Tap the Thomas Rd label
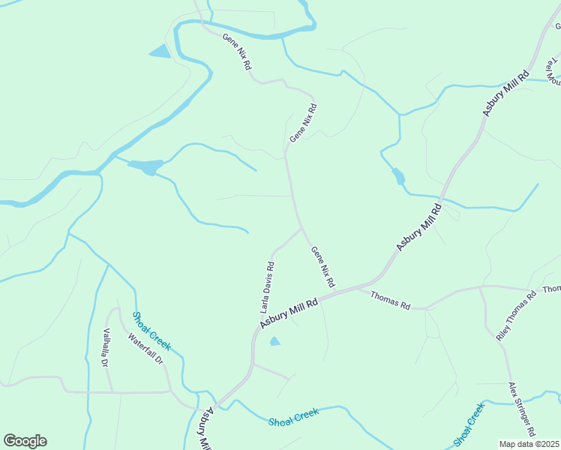pyautogui.click(x=390, y=300)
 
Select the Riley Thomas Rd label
pyautogui.click(x=517, y=316)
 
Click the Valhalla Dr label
pyautogui.click(x=106, y=348)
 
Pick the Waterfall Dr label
pyautogui.click(x=145, y=349)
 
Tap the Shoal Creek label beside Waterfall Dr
pyautogui.click(x=151, y=331)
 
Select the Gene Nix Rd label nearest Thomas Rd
pyautogui.click(x=322, y=268)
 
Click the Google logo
pyautogui.click(x=25, y=441)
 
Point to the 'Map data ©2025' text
pyautogui.click(x=529, y=444)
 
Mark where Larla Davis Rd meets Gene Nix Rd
pyautogui.click(x=301, y=228)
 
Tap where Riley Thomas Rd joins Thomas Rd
pyautogui.click(x=481, y=286)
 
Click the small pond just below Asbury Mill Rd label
pyautogui.click(x=274, y=342)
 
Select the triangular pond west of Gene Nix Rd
pyautogui.click(x=160, y=52)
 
